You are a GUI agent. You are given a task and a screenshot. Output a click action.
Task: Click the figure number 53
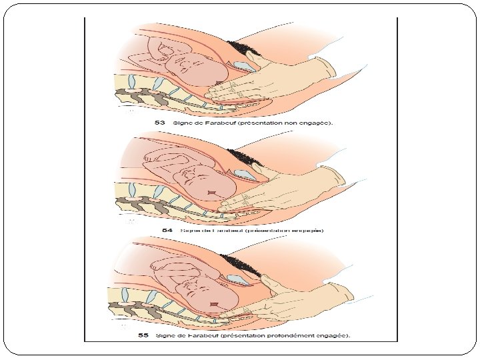point(159,123)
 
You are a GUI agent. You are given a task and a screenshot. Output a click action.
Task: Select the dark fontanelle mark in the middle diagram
point(211,193)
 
